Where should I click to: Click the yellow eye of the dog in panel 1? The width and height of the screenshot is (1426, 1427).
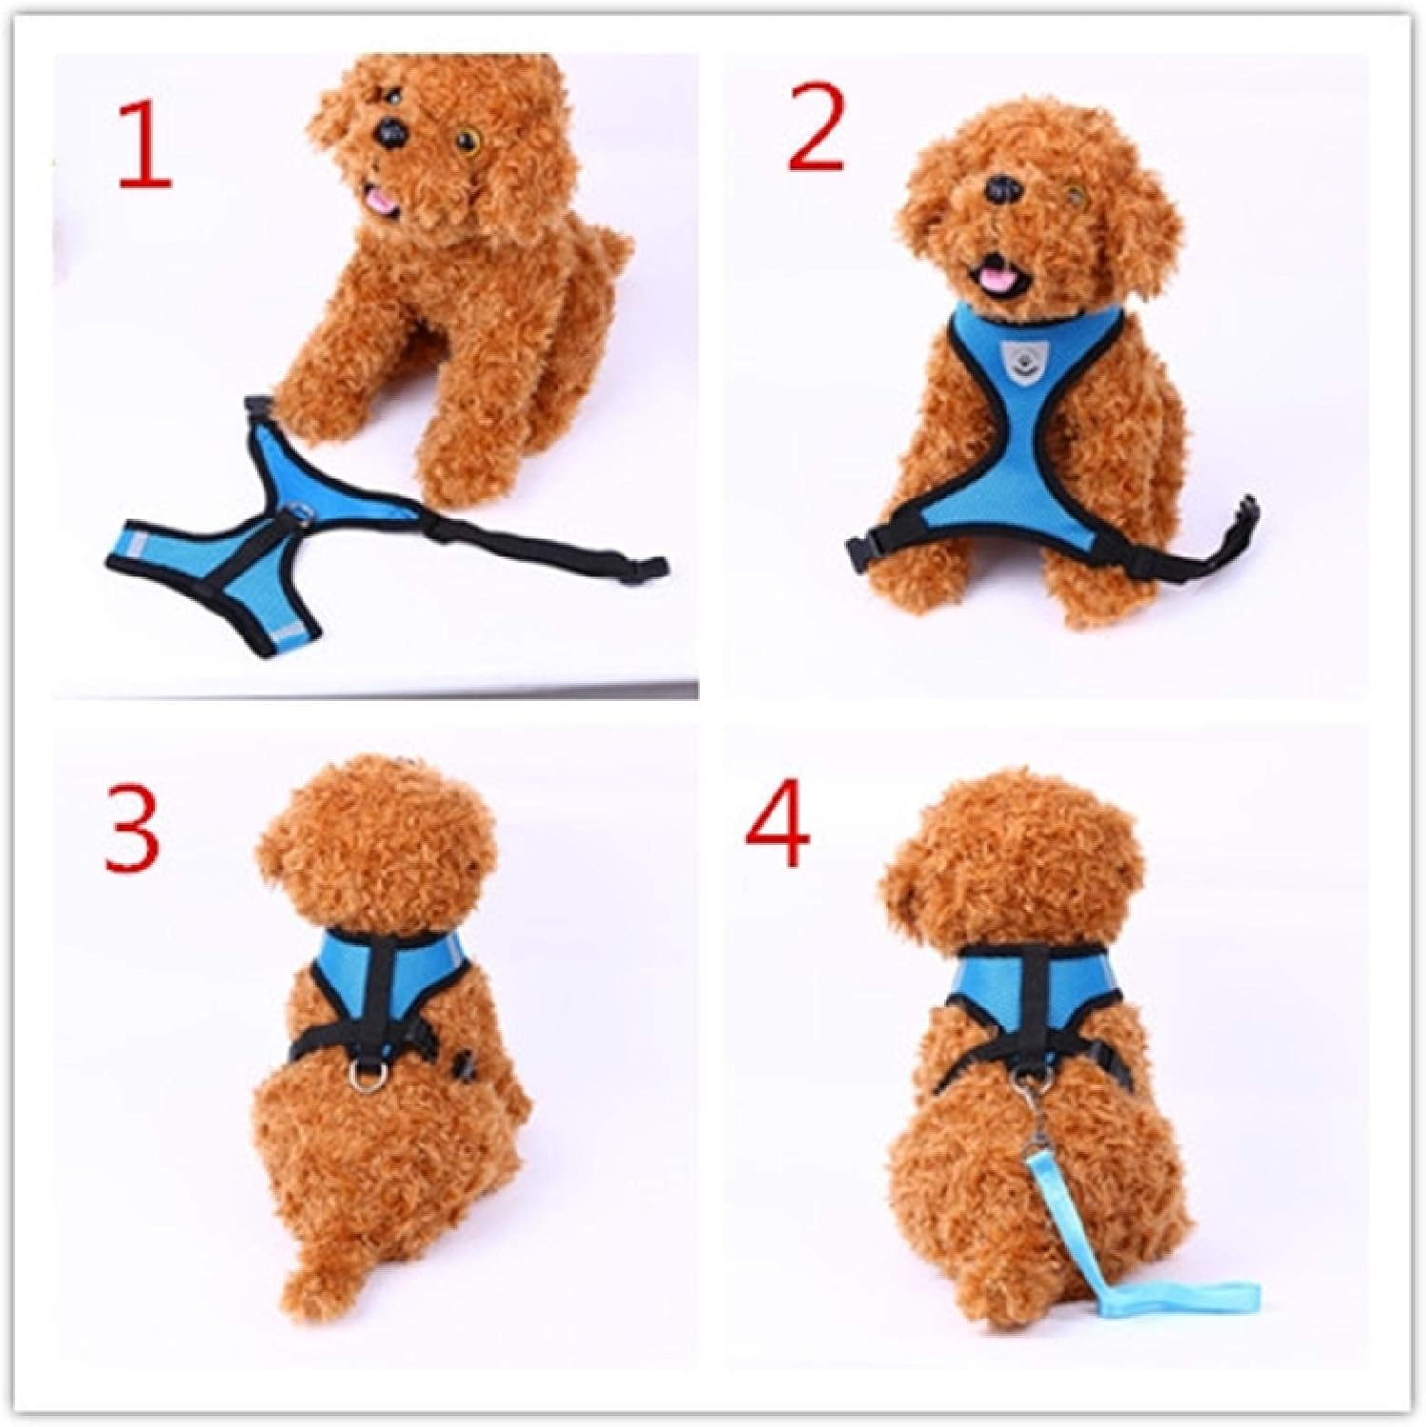click(x=467, y=143)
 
